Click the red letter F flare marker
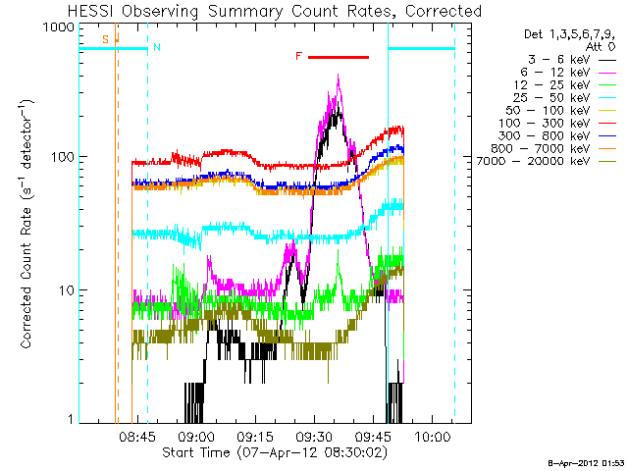point(298,57)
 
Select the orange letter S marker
point(106,39)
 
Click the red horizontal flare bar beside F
point(339,57)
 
